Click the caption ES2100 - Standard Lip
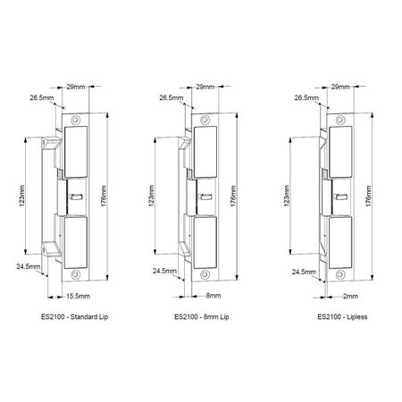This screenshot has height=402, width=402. tap(73, 317)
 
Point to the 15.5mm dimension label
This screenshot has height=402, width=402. tap(76, 294)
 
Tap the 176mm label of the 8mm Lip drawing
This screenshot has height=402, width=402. tap(237, 195)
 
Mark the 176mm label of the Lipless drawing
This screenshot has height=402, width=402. tap(370, 195)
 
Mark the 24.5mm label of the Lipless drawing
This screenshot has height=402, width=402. tap(301, 271)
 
